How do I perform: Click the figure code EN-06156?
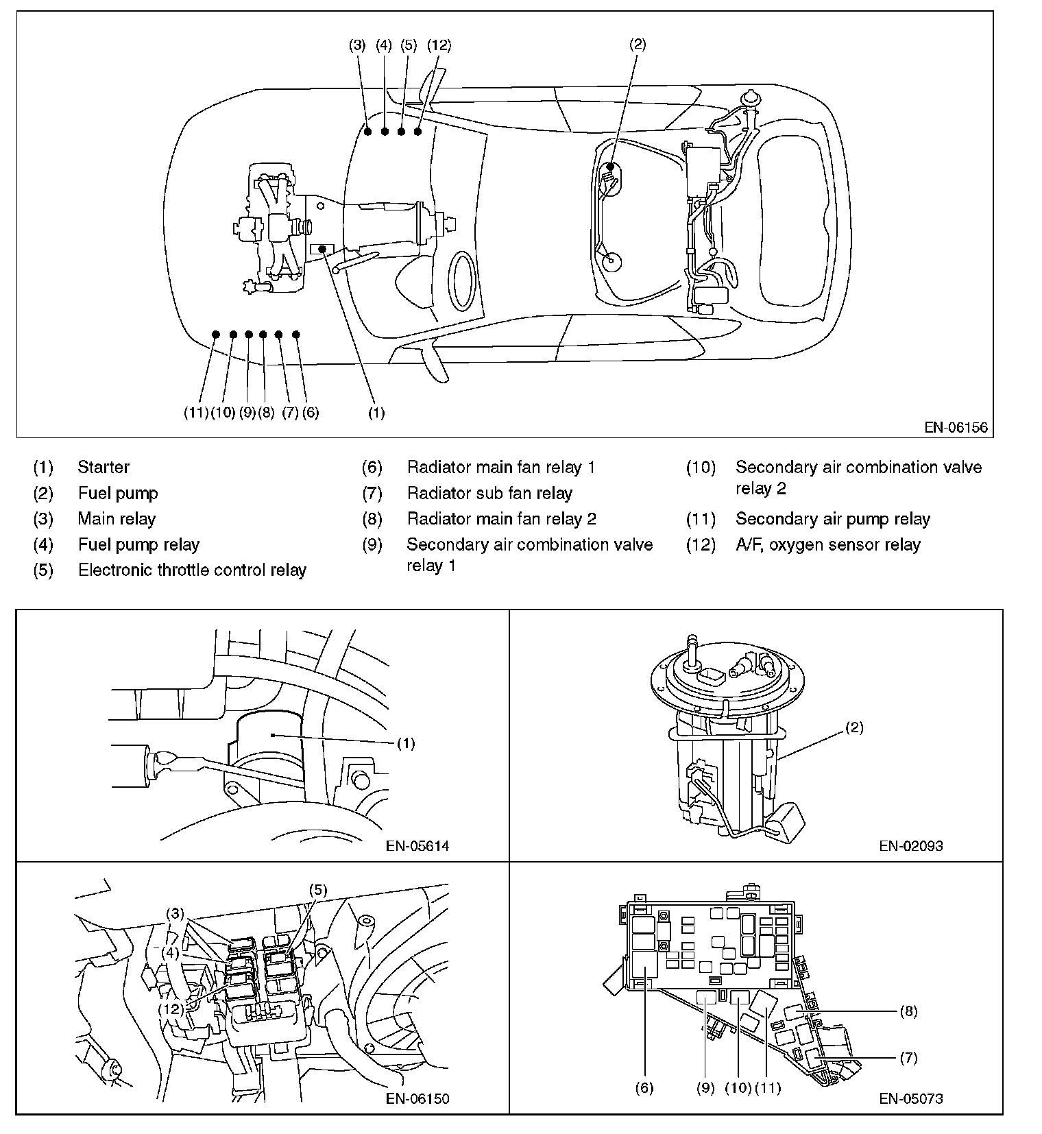pyautogui.click(x=956, y=428)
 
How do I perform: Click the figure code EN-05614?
pyautogui.click(x=417, y=846)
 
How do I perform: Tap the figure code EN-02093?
pyautogui.click(x=911, y=846)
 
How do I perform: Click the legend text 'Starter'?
pyautogui.click(x=104, y=468)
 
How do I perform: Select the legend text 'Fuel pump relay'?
pyautogui.click(x=138, y=545)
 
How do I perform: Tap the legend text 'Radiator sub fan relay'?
pyautogui.click(x=489, y=494)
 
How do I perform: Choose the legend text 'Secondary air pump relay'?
pyautogui.click(x=833, y=519)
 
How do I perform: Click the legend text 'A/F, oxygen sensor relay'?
pyautogui.click(x=828, y=545)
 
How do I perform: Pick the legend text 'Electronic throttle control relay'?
pyautogui.click(x=192, y=570)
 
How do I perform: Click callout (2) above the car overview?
pyautogui.click(x=638, y=45)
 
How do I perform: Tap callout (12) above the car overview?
pyautogui.click(x=439, y=45)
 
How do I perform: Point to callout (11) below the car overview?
pyautogui.click(x=196, y=413)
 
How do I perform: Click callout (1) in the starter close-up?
pyautogui.click(x=406, y=743)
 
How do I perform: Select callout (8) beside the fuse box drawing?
pyautogui.click(x=908, y=1011)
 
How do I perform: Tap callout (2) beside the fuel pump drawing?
pyautogui.click(x=854, y=728)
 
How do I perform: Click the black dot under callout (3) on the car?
pyautogui.click(x=368, y=131)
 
